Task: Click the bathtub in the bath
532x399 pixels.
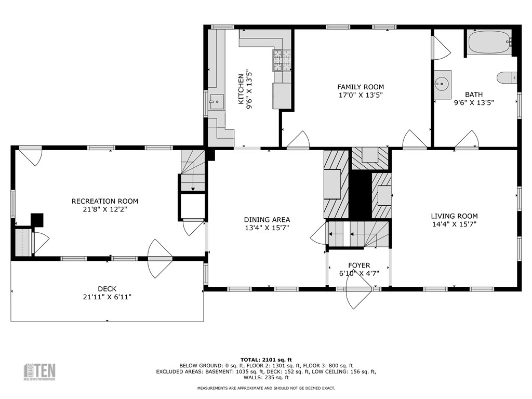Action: (x=489, y=42)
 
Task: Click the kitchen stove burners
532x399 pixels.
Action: (x=282, y=60)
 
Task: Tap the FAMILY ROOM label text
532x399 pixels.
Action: (x=361, y=87)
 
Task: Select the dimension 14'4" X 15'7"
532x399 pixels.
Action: (x=454, y=224)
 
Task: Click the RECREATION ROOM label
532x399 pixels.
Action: (x=105, y=201)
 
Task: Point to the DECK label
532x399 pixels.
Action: (x=107, y=289)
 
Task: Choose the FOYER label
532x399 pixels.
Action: (x=359, y=265)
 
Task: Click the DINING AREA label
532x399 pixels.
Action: (x=267, y=220)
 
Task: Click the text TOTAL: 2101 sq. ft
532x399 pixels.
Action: (x=266, y=360)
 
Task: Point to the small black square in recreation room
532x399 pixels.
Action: (x=37, y=220)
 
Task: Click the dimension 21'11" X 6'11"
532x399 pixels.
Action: (x=107, y=297)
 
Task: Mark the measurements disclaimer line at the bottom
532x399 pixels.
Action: (x=266, y=388)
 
